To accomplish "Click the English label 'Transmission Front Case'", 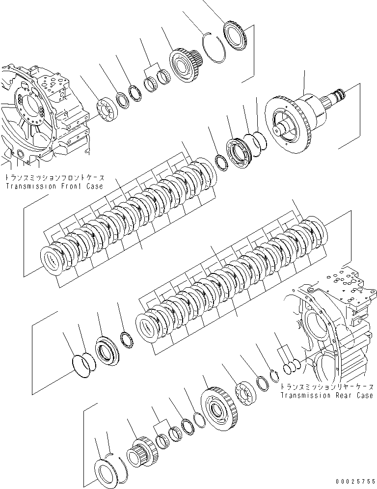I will [54, 187].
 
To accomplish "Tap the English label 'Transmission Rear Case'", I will [326, 395].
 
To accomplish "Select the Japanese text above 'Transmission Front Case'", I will [57, 179].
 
